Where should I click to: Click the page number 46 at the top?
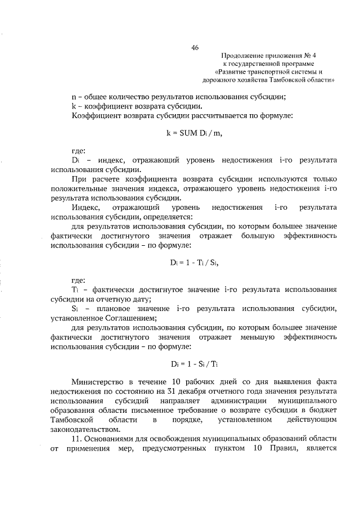pos(195,48)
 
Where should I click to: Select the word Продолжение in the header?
pos(242,56)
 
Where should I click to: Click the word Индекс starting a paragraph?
pos(84,207)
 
